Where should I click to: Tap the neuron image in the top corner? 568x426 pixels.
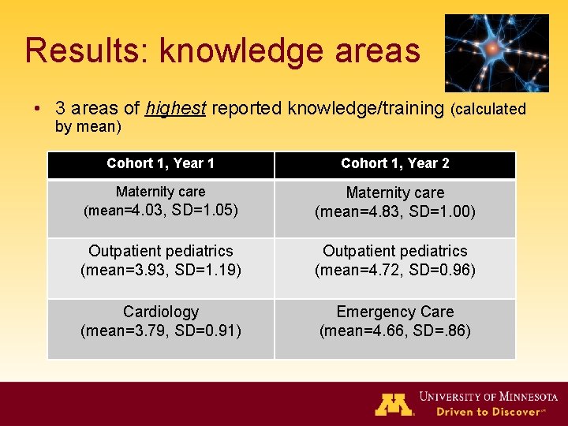point(496,53)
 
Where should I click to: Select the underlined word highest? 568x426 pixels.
point(176,108)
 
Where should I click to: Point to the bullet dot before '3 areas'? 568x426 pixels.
point(38,109)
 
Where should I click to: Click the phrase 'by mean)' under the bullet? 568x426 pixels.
point(88,126)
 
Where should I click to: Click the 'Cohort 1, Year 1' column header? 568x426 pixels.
point(160,163)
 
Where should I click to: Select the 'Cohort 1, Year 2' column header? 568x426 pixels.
point(394,163)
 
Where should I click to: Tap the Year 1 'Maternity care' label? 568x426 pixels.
point(160,192)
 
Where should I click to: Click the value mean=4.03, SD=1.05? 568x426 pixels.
point(160,211)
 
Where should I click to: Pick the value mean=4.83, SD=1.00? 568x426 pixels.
point(394,211)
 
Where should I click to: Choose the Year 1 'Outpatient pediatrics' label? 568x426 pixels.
point(160,251)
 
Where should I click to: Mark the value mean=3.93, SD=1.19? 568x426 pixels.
point(160,270)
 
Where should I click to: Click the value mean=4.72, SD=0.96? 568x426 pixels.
point(394,270)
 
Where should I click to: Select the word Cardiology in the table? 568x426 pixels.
point(160,312)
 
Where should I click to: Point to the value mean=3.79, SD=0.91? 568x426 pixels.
point(160,331)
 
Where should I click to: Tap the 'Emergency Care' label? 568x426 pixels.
point(394,312)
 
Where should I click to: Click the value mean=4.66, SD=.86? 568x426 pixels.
point(394,331)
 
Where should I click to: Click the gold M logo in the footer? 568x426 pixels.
point(394,404)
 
